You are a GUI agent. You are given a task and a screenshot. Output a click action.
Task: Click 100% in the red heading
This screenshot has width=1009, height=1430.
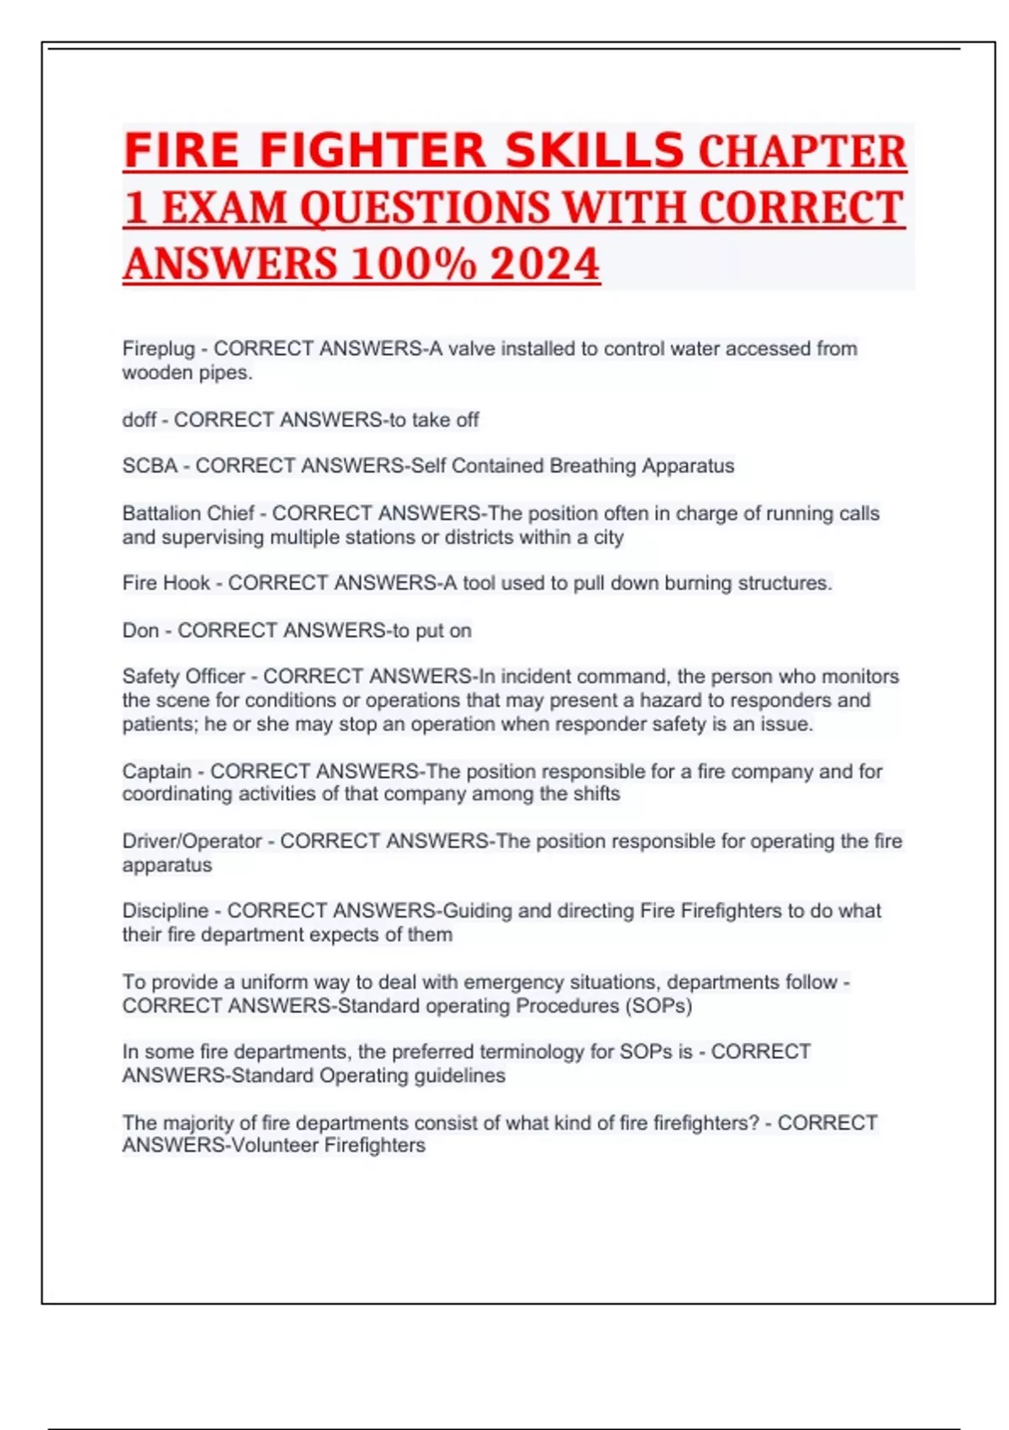click(413, 264)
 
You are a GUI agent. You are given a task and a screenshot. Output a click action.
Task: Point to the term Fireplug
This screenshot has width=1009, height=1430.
click(158, 349)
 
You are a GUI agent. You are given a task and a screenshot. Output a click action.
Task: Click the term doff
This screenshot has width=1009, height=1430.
click(139, 420)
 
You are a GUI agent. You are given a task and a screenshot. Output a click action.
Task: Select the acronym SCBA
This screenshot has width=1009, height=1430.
click(150, 466)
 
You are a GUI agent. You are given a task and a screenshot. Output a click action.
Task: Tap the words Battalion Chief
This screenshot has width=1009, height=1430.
click(188, 513)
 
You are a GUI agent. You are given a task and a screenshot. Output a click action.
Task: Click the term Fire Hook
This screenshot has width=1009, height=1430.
click(166, 583)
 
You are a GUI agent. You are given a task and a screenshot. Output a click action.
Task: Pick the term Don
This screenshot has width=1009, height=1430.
click(140, 631)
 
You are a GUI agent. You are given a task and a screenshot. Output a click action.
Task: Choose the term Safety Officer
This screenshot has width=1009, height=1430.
click(183, 676)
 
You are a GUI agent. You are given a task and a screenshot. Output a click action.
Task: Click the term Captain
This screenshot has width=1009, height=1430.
click(156, 771)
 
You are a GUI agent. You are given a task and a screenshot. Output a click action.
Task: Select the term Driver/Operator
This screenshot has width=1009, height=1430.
click(192, 841)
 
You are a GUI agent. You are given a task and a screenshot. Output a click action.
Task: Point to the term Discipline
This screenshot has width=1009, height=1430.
click(165, 911)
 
